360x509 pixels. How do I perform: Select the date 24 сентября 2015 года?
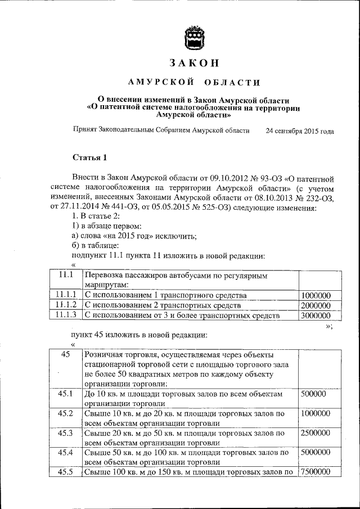pos(299,131)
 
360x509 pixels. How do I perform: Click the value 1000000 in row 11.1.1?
pos(316,295)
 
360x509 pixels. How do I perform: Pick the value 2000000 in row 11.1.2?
pos(316,305)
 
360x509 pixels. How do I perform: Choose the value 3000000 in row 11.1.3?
pos(316,316)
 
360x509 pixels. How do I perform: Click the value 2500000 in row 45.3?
pos(316,433)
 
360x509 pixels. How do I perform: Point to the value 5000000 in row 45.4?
pos(316,453)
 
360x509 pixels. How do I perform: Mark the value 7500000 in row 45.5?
pos(316,472)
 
